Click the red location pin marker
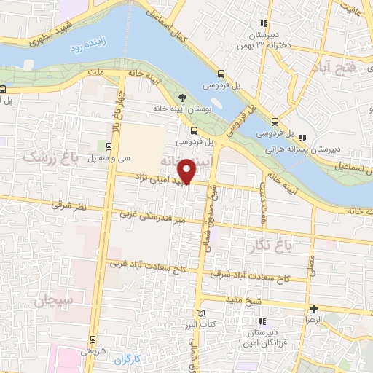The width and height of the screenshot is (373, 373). pos(189,170)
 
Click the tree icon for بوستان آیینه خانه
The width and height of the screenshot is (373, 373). pos(181,97)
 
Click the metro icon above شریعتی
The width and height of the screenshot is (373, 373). pos(93,338)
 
